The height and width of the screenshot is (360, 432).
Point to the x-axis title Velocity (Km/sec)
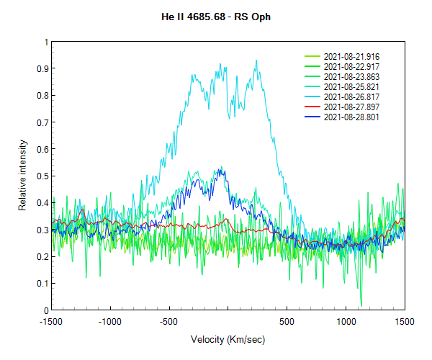227,338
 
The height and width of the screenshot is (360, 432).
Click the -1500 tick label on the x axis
50,321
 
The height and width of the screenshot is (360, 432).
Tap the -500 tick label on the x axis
168,321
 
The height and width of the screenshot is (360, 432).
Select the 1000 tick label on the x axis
346,321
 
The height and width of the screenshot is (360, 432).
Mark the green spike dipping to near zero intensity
361,305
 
